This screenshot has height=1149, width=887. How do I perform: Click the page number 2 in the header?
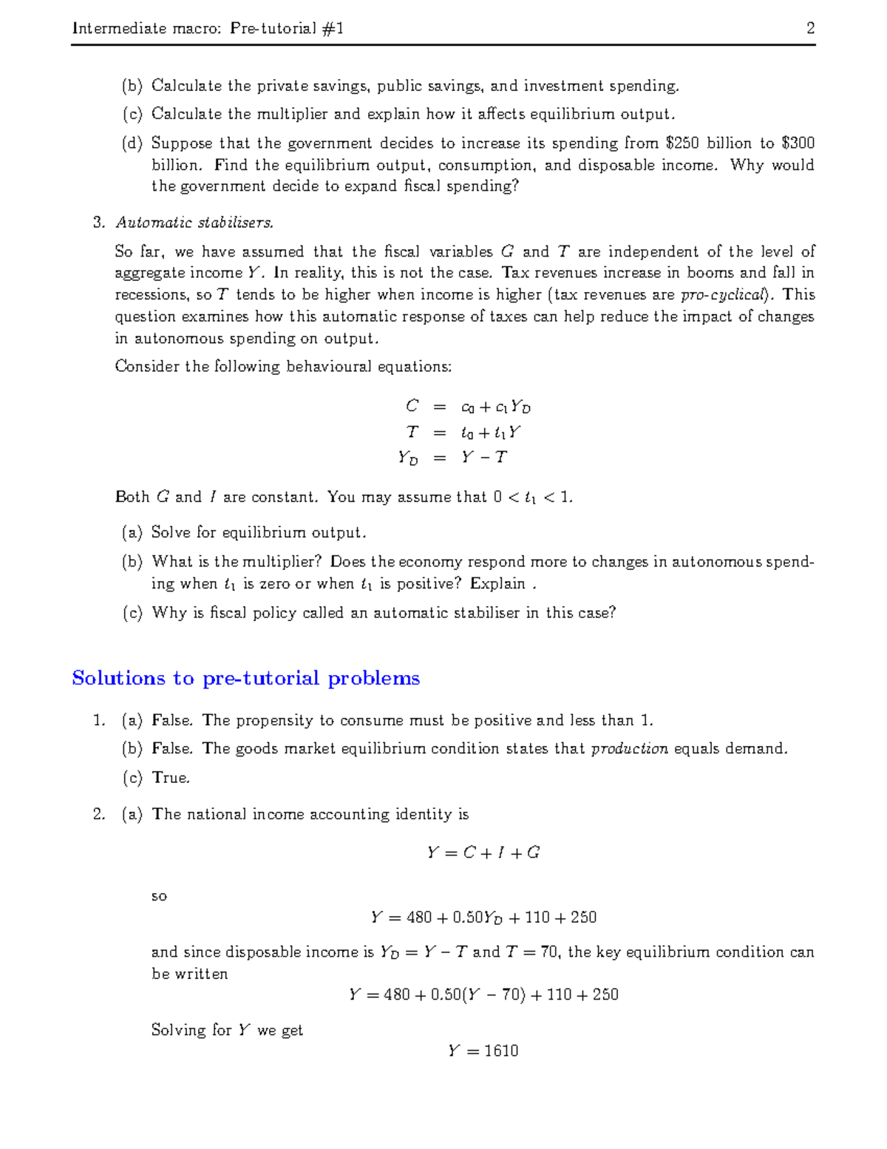810,28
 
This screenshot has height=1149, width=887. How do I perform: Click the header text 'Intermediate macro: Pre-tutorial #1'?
208,28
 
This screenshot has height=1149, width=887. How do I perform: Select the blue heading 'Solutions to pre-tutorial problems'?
245,678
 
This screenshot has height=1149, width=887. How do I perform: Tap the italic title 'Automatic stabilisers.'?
194,222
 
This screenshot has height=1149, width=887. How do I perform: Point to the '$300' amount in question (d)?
798,143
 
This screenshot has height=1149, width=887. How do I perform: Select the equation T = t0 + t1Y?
464,432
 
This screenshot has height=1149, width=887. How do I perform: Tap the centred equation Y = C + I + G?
483,853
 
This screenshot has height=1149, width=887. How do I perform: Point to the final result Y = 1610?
483,1051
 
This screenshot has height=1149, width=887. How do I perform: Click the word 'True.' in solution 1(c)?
171,777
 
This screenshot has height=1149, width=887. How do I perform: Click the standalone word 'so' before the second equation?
159,896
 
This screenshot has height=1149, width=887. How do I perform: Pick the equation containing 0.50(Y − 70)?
483,994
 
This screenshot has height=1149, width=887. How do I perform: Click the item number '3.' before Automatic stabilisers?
99,222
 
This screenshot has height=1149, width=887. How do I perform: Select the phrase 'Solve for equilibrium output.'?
259,532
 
